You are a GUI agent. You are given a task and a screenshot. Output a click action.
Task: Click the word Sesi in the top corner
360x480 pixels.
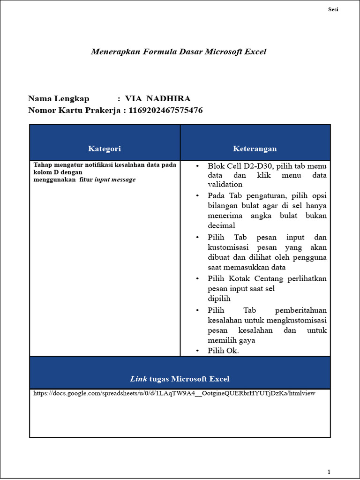pyautogui.click(x=333, y=10)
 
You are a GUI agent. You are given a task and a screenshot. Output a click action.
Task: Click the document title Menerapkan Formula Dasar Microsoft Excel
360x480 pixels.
pyautogui.click(x=178, y=52)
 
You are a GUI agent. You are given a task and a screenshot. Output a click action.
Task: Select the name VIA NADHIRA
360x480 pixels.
pyautogui.click(x=157, y=98)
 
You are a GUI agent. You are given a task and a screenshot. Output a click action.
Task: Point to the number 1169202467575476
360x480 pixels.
pyautogui.click(x=162, y=110)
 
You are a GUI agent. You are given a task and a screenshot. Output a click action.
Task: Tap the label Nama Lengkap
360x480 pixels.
pyautogui.click(x=59, y=98)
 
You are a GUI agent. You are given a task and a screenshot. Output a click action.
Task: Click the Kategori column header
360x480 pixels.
pyautogui.click(x=105, y=149)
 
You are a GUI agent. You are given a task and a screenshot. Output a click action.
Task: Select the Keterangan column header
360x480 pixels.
pyautogui.click(x=255, y=149)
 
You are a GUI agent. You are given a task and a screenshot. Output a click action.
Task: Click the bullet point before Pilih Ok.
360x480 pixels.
pyautogui.click(x=198, y=351)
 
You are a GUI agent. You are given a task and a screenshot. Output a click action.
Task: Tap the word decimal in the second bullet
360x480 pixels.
pyautogui.click(x=221, y=225)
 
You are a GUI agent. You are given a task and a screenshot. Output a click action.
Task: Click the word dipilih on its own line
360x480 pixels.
pyautogui.click(x=219, y=299)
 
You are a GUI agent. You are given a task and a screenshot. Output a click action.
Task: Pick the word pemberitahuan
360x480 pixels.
pyautogui.click(x=301, y=310)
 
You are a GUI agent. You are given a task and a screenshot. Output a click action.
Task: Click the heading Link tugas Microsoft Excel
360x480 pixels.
pyautogui.click(x=180, y=379)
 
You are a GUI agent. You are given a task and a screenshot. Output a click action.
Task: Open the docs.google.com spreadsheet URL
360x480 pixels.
pyautogui.click(x=174, y=393)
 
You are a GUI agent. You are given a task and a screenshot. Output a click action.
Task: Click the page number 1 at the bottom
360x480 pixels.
pyautogui.click(x=329, y=472)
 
